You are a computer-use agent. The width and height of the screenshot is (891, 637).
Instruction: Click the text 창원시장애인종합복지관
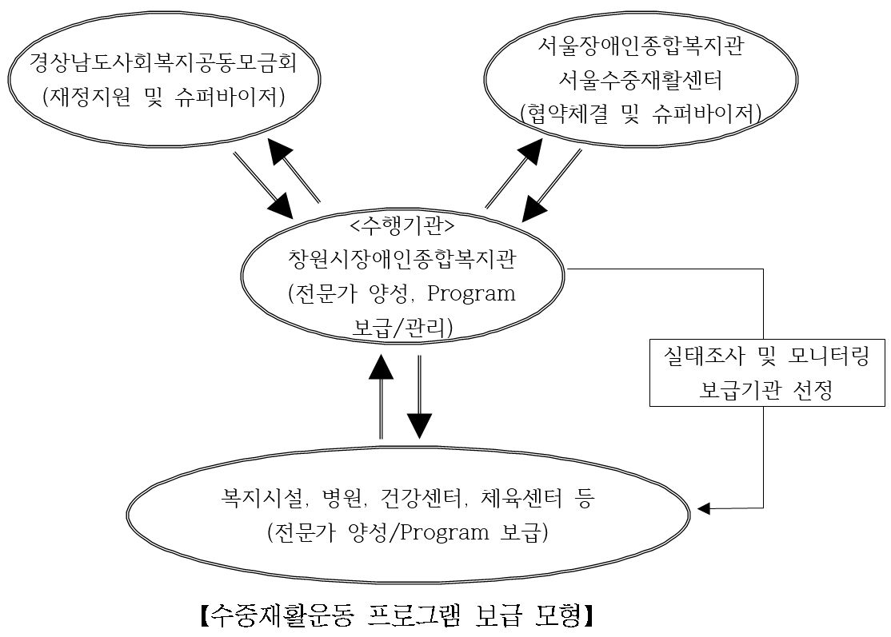click(x=402, y=260)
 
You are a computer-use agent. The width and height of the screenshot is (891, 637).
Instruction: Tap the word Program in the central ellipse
click(x=471, y=293)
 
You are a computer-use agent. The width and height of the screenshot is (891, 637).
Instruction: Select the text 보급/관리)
click(x=402, y=326)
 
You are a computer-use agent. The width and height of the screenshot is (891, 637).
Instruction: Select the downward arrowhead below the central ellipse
click(x=419, y=425)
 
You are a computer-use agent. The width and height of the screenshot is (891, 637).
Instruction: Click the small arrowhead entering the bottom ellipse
click(x=704, y=508)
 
